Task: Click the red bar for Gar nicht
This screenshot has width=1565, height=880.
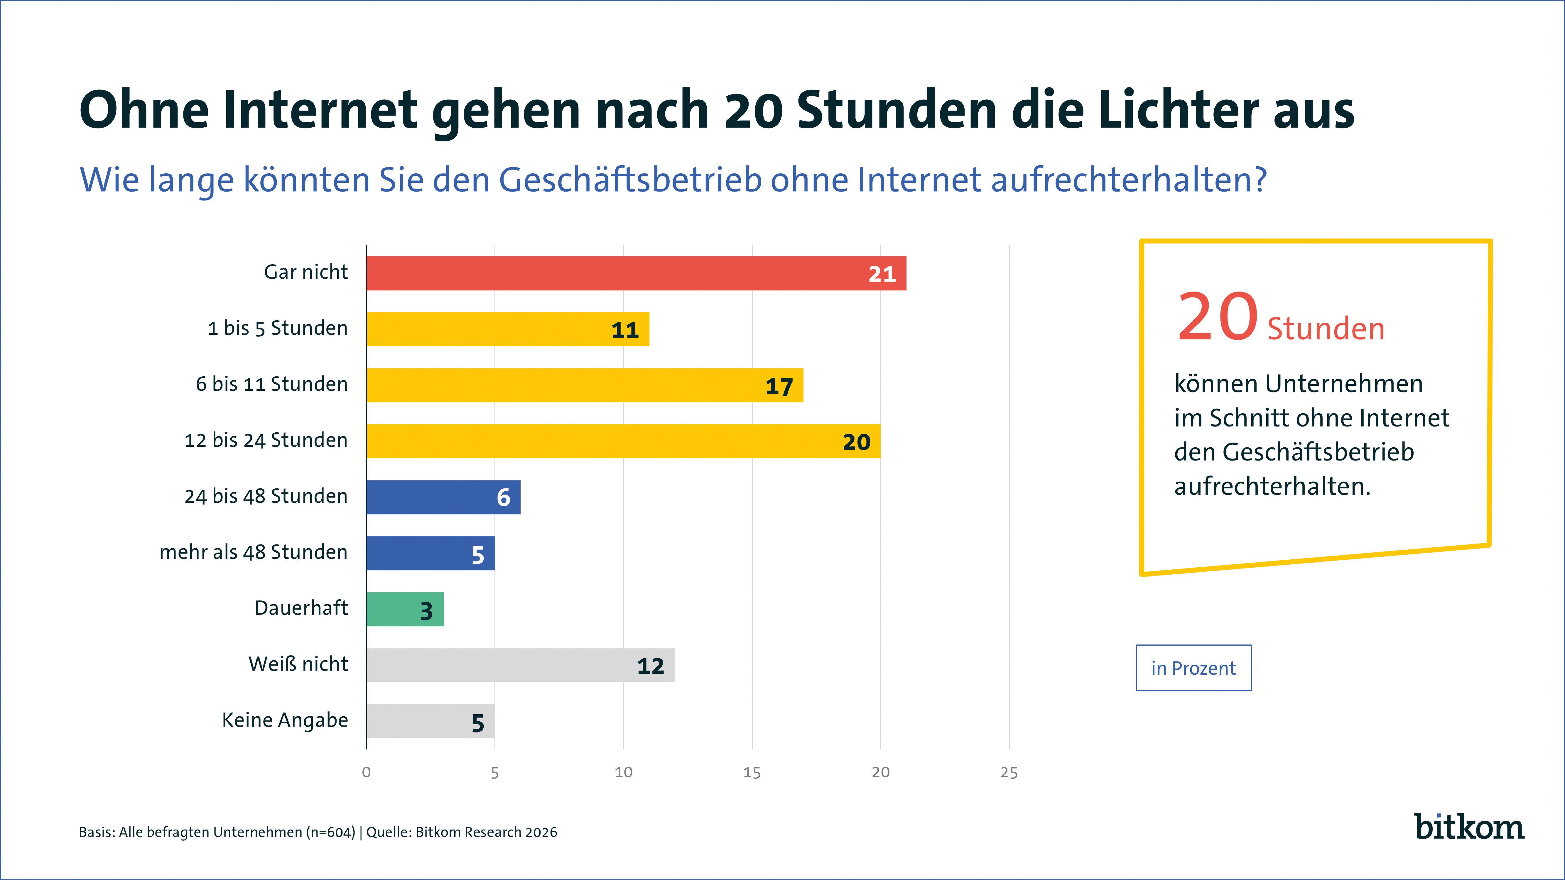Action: [x=635, y=273]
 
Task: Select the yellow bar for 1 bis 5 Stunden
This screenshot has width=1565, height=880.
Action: [x=507, y=329]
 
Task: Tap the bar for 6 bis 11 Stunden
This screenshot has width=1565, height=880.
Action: [x=585, y=385]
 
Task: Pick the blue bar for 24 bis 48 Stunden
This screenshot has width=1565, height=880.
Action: [x=443, y=497]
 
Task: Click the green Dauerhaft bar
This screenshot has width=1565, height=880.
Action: [x=405, y=609]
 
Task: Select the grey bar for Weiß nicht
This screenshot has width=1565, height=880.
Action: [x=520, y=665]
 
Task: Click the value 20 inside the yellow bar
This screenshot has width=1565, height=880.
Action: [x=856, y=442]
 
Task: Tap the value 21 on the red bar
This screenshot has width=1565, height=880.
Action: [x=882, y=275]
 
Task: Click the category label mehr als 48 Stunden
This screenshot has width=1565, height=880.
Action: [x=253, y=552]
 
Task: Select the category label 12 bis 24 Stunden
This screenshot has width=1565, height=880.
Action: [x=266, y=440]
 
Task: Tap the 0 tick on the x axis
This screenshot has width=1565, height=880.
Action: [x=366, y=773]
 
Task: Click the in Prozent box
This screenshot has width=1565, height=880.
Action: [x=1193, y=668]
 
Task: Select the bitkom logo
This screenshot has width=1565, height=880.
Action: [x=1469, y=827]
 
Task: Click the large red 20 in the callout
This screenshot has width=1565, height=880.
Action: [x=1217, y=317]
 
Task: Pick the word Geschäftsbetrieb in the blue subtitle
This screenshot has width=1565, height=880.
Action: [x=630, y=180]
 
